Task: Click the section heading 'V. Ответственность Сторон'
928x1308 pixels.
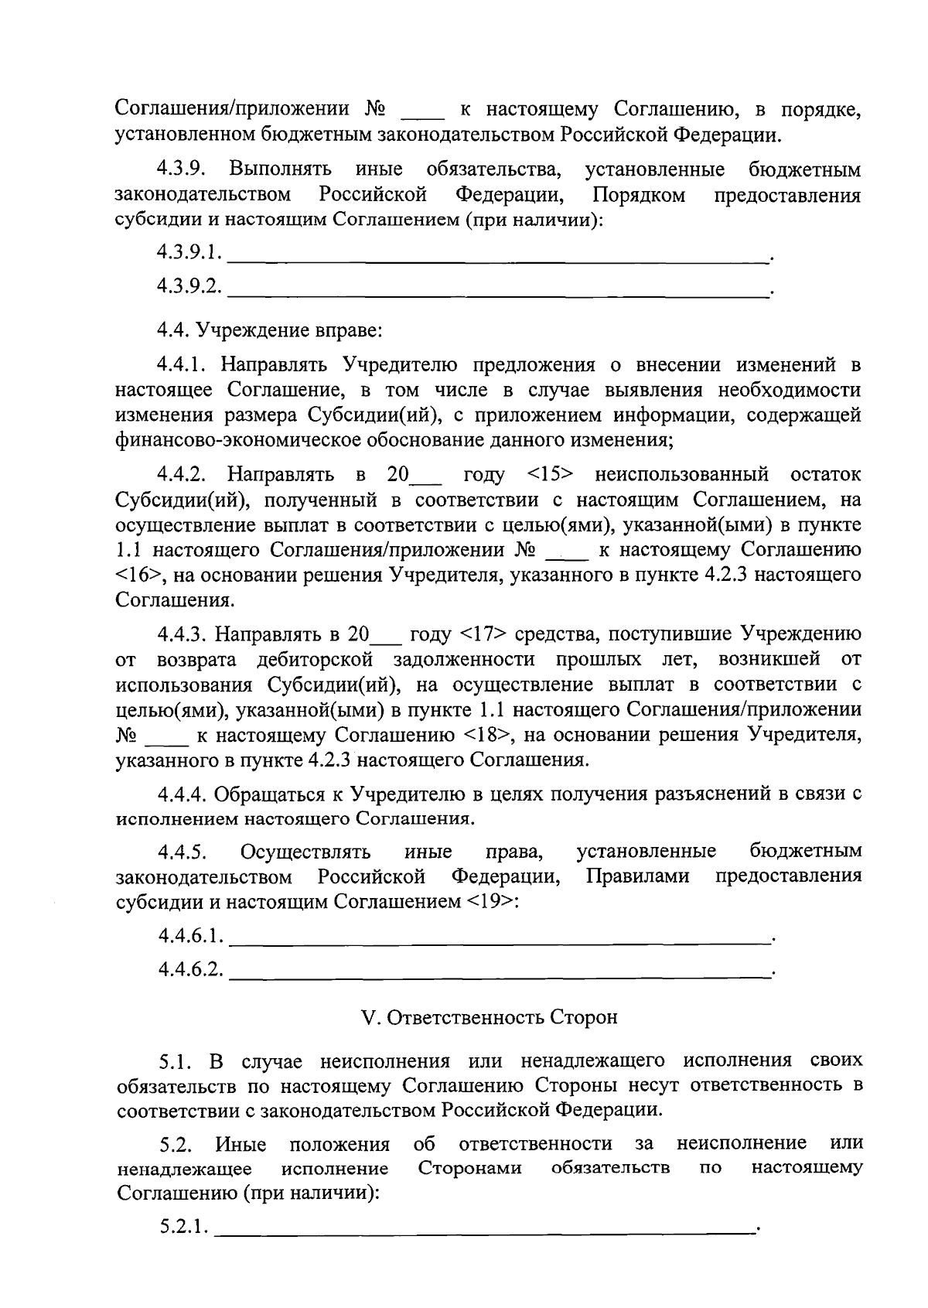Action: [x=490, y=1017]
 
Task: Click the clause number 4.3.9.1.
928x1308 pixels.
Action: [x=189, y=252]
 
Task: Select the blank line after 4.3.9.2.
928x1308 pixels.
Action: [x=499, y=289]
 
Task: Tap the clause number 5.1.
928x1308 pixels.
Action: [x=176, y=1060]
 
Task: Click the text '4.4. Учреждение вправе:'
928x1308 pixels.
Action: [x=270, y=331]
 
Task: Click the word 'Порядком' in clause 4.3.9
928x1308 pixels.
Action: [x=639, y=194]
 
